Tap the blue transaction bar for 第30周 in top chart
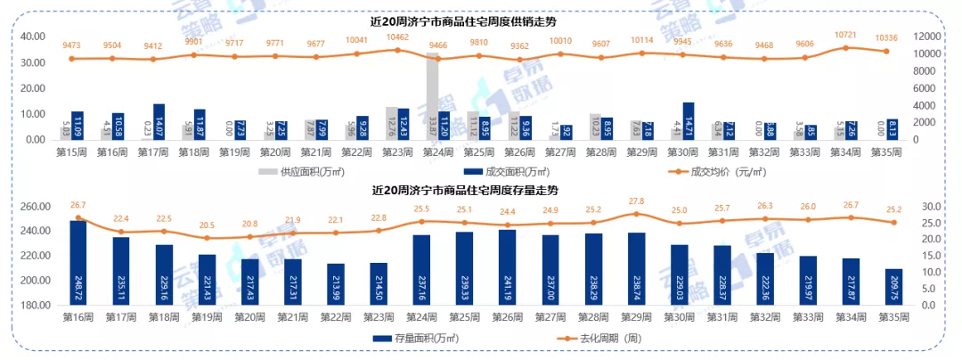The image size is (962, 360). pyautogui.click(x=689, y=121)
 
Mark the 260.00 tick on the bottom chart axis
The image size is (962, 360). pyautogui.click(x=33, y=207)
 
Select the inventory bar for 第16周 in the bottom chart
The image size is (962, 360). pyautogui.click(x=78, y=263)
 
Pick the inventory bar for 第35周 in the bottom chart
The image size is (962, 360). pyautogui.click(x=893, y=286)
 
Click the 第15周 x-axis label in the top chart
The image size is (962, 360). pyautogui.click(x=70, y=152)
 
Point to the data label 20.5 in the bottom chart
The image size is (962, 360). pyautogui.click(x=207, y=225)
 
